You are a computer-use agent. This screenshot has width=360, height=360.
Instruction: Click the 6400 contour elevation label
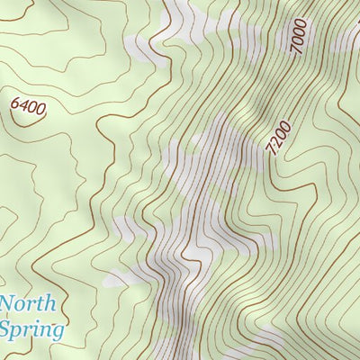point(28,105)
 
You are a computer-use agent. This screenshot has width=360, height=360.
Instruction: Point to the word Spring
point(31,328)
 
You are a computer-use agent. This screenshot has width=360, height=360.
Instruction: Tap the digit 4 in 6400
point(23,104)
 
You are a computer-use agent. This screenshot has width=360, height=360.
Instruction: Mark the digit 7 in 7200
point(273,151)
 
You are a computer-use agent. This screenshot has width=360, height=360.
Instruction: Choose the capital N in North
point(8,303)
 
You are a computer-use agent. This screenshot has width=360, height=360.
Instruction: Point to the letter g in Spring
point(58,332)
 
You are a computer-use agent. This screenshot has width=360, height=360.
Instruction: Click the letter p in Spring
point(20,331)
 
